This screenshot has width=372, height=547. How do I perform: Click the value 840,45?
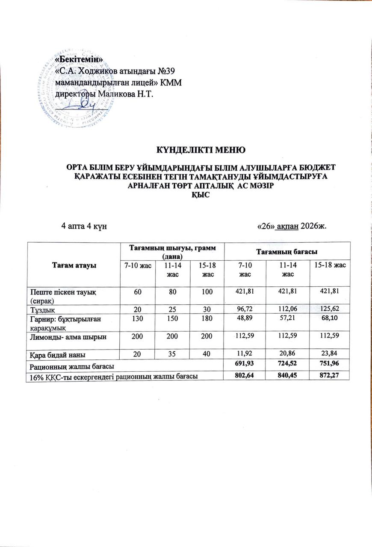tap(287, 375)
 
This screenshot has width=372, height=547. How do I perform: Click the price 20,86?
tap(287, 355)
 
